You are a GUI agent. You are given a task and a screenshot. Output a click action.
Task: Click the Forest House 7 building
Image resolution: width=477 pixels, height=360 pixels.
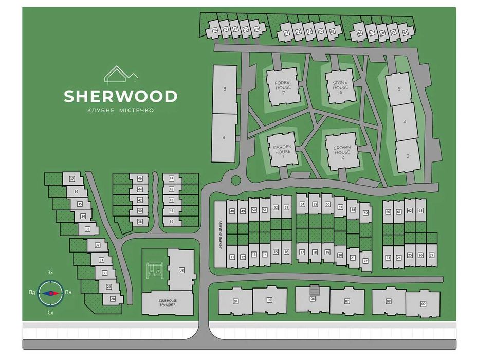[x=282, y=85]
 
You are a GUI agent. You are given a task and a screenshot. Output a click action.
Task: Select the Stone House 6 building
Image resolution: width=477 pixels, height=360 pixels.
[x=340, y=85]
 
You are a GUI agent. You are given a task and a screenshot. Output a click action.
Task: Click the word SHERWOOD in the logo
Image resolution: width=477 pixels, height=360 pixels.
[x=121, y=96]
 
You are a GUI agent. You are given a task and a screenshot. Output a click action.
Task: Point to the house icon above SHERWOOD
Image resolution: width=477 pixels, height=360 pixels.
[x=121, y=75]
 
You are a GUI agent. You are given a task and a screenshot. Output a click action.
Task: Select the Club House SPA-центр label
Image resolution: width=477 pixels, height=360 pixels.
[x=168, y=303]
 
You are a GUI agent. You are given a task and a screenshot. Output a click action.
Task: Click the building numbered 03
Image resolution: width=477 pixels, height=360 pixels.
[x=181, y=269]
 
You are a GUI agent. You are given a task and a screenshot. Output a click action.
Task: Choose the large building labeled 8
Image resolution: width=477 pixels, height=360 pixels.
[x=224, y=89]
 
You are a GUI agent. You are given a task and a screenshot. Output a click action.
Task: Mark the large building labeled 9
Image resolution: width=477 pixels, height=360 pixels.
[x=224, y=137]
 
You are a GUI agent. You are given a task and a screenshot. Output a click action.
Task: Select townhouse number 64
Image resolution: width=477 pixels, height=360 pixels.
[x=405, y=33]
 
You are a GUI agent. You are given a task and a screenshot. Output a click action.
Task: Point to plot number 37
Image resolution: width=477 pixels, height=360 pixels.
[x=72, y=179]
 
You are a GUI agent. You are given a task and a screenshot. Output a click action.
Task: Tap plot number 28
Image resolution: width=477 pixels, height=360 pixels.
[x=113, y=298]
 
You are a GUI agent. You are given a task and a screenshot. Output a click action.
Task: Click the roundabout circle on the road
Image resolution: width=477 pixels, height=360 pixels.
[x=236, y=181]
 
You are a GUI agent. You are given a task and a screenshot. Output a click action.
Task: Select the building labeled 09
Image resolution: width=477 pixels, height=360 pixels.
[x=423, y=303]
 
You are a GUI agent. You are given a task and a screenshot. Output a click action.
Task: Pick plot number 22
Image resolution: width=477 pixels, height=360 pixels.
[x=365, y=261]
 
